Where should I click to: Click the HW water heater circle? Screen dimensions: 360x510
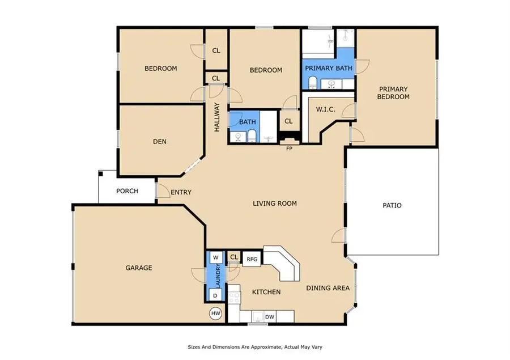(x=215, y=314)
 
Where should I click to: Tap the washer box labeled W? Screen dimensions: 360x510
(x=215, y=257)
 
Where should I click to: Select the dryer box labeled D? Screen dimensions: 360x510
(x=215, y=295)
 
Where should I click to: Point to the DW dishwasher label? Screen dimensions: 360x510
(x=270, y=316)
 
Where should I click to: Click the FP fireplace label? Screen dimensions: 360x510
(x=289, y=149)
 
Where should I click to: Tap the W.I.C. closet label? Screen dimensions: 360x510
(x=326, y=109)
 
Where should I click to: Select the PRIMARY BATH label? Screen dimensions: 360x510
(x=329, y=68)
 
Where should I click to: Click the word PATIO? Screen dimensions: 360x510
(x=392, y=205)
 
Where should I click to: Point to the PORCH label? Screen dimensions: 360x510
(x=127, y=191)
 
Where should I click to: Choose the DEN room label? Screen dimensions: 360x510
(x=159, y=142)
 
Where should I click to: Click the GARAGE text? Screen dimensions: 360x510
(x=138, y=268)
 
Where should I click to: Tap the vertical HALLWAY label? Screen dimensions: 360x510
(x=216, y=117)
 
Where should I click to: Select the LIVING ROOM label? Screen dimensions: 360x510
(x=274, y=204)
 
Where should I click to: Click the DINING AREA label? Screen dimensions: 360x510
(x=328, y=288)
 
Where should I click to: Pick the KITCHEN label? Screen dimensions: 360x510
(x=266, y=292)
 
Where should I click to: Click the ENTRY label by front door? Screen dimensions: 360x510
(x=181, y=193)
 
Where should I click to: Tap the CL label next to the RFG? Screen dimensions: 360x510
(x=234, y=257)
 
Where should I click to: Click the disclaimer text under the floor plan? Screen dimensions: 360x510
(x=255, y=346)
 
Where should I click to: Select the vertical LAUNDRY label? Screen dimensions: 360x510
(x=216, y=276)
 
